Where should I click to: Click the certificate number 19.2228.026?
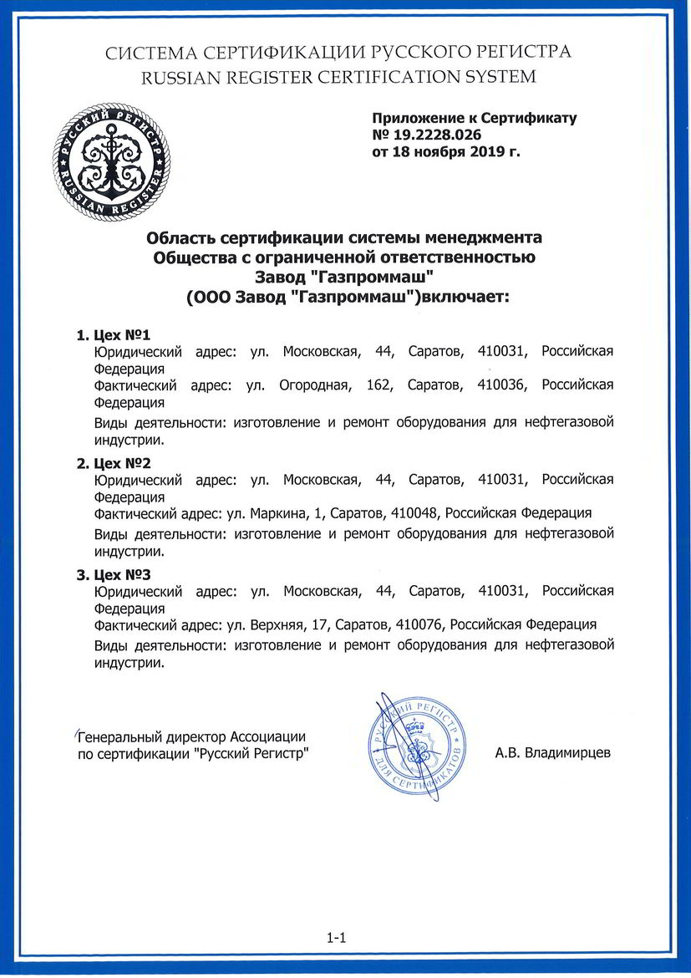coord(436,135)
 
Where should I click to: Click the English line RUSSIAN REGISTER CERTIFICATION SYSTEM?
coord(339,77)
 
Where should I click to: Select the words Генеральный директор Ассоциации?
coord(191,736)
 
